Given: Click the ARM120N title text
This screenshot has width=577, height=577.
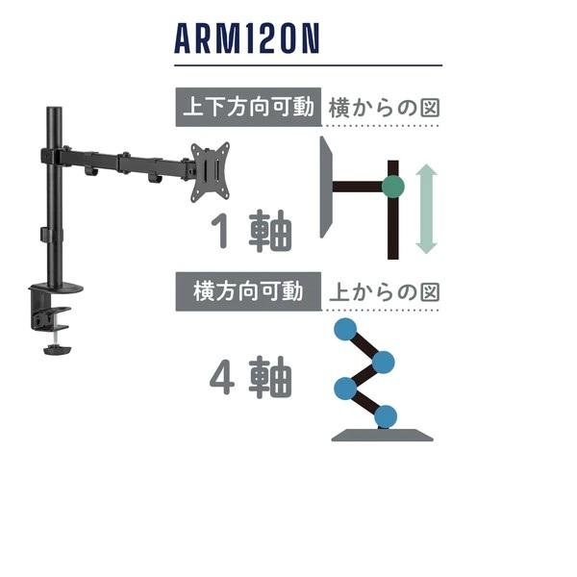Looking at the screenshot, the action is (x=247, y=39).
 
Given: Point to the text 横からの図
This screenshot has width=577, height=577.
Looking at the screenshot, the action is (x=383, y=108).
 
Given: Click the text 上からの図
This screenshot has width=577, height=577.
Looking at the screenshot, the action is (x=383, y=291).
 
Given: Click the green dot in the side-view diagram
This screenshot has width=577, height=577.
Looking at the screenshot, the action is (x=392, y=186).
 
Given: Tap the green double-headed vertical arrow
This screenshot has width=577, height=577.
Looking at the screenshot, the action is (x=426, y=209).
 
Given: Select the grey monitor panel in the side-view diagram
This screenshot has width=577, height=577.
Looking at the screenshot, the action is (x=326, y=187).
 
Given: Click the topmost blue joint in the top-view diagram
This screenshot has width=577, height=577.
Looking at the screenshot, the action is (x=343, y=330).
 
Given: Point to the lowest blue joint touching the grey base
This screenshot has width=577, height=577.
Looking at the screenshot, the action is (x=386, y=416).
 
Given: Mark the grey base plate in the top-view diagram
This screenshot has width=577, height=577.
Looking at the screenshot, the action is (x=382, y=435).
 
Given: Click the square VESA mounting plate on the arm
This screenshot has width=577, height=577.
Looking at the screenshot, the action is (x=210, y=170).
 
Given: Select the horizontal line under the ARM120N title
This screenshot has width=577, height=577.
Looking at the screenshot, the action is (x=308, y=66).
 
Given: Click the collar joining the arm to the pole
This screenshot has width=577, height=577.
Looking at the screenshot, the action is (x=52, y=155).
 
